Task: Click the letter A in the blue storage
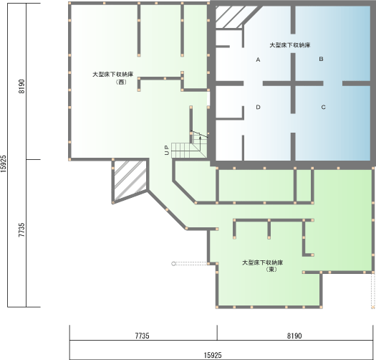(x=258, y=60)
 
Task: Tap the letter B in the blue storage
(x=321, y=59)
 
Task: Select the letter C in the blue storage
(x=323, y=107)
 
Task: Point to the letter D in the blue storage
(x=258, y=107)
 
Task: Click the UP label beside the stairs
(x=167, y=150)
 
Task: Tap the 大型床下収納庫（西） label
(x=113, y=78)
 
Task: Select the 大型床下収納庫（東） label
(x=263, y=265)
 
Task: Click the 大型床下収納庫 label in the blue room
(x=290, y=45)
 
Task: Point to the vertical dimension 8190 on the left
(x=21, y=86)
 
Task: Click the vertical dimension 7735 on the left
(x=21, y=229)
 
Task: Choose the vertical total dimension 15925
(x=4, y=164)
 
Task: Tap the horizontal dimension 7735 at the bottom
(x=143, y=336)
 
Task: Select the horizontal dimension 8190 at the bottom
(x=294, y=336)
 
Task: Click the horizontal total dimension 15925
(x=213, y=355)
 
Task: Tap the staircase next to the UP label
(x=190, y=146)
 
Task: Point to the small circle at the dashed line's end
(x=173, y=264)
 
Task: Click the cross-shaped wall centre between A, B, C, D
(x=293, y=83)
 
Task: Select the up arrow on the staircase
(x=200, y=140)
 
